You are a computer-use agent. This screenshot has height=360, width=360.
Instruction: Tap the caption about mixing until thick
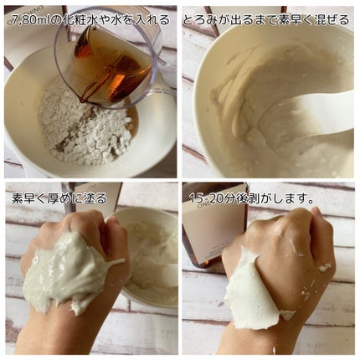(x=266, y=20)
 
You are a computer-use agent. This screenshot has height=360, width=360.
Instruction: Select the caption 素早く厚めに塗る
(x=59, y=198)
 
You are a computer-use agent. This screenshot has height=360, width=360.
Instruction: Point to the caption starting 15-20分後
(x=250, y=198)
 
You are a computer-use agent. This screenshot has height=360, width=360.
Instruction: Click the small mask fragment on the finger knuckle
(x=325, y=267)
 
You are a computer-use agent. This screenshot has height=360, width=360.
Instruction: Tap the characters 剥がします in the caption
(x=278, y=198)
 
